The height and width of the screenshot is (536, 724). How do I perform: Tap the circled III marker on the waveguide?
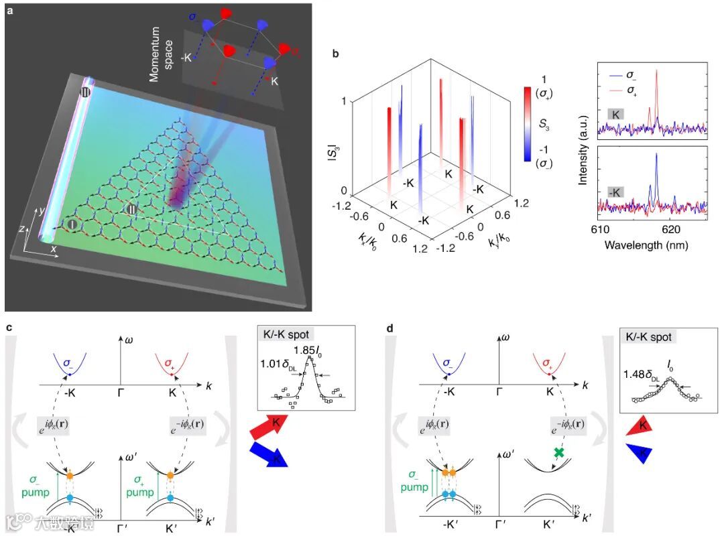[x=85, y=92]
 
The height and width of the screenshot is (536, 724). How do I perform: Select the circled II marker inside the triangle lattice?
[x=133, y=209]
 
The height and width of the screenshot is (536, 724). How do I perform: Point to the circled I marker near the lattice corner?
[x=71, y=224]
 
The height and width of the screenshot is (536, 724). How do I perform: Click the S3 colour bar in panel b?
[x=528, y=124]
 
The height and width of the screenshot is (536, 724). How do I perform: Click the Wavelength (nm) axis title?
[x=646, y=245]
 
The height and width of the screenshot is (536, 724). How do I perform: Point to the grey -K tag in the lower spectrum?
[x=615, y=192]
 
